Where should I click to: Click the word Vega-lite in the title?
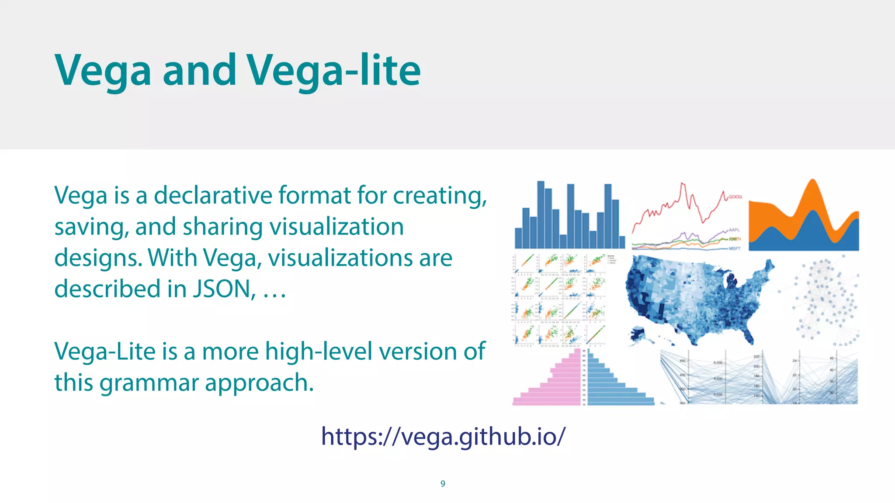click(333, 70)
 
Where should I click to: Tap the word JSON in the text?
click(224, 289)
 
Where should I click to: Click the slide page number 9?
click(443, 483)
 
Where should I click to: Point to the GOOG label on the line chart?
click(735, 197)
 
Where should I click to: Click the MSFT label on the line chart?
click(735, 248)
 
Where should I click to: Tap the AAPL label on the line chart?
click(734, 230)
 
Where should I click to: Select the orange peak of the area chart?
click(812, 192)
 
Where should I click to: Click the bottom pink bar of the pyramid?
click(546, 401)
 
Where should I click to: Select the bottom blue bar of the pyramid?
click(621, 401)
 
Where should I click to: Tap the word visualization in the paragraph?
click(336, 227)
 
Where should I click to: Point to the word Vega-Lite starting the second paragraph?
click(104, 351)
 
